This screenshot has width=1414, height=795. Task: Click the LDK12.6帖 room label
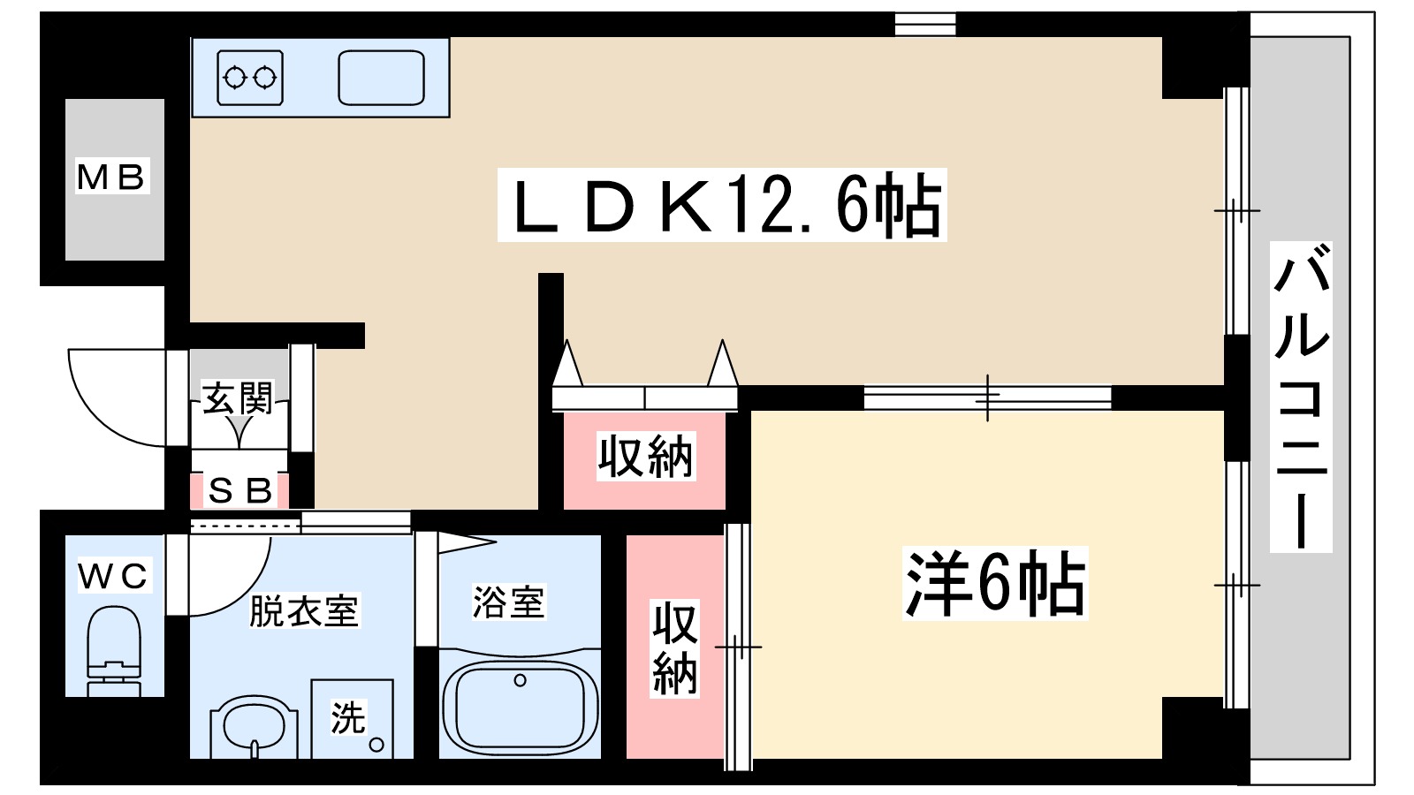pos(721,205)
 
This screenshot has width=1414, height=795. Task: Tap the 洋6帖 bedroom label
pos(994,584)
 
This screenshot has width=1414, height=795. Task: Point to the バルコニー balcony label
pos(1300,397)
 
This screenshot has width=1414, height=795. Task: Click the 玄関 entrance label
pos(238,399)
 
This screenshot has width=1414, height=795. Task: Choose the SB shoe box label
pos(239,491)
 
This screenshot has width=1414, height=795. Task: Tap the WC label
pos(114,576)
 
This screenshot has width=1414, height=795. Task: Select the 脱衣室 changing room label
pos(303,611)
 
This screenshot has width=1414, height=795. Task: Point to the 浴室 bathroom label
pos(508,602)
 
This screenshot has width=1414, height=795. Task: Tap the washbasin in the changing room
pos(254,726)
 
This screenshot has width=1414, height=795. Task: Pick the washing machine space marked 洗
pos(352,717)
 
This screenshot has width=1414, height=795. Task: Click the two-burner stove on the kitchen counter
pos(250,79)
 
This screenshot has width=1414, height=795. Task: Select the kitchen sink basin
pos(381,79)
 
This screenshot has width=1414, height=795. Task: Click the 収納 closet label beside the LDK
pos(645,457)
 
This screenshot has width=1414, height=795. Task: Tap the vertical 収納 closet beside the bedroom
pos(674,648)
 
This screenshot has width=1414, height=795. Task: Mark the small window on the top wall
pos(924,24)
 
